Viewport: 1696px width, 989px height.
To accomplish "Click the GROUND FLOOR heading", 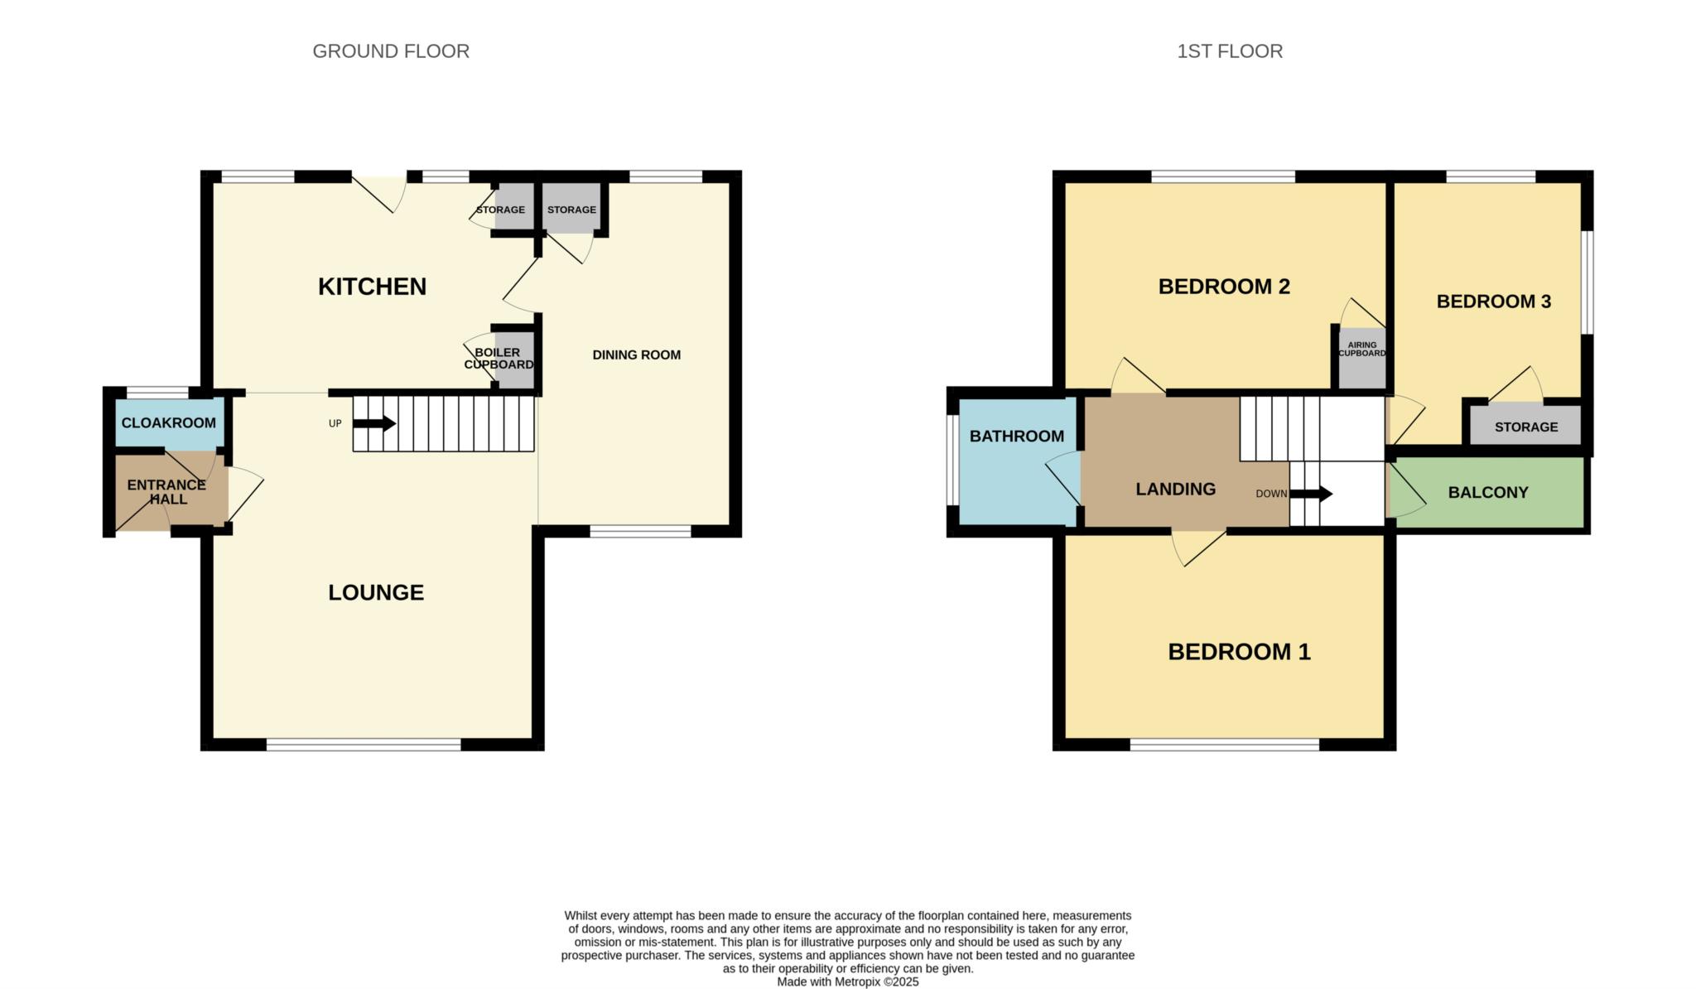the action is click(391, 51).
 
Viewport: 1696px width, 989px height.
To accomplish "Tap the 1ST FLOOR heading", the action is click(1230, 51).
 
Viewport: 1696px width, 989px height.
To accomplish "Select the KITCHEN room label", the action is click(372, 287).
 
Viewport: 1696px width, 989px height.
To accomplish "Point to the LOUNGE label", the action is click(376, 592).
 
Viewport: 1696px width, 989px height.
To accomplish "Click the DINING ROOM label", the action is click(637, 355).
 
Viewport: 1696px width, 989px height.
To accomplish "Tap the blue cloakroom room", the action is click(169, 423).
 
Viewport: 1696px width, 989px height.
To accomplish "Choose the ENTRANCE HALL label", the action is click(166, 492).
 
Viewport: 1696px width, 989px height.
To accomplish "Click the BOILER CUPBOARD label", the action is click(499, 359).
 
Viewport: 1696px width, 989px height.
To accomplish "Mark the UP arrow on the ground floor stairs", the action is click(374, 423).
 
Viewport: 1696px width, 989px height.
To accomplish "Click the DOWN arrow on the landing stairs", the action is click(1311, 494).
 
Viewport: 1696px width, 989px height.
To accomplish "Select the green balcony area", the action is click(1486, 492).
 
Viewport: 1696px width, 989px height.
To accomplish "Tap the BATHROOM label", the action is click(1017, 437).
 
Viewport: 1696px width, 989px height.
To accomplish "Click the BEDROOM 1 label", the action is click(1239, 652).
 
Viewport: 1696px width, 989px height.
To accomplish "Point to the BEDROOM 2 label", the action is click(1224, 287).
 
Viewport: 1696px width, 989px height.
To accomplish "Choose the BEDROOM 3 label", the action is click(1494, 302).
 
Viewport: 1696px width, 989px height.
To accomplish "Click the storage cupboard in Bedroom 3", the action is click(1525, 426).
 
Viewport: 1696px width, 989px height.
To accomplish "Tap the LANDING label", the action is click(1175, 490).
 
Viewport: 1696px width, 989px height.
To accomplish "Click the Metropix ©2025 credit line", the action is click(848, 982).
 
